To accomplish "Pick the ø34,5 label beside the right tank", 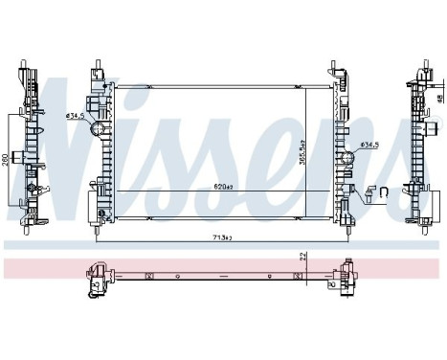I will point(370,146).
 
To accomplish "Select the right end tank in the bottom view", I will point(341,279).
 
